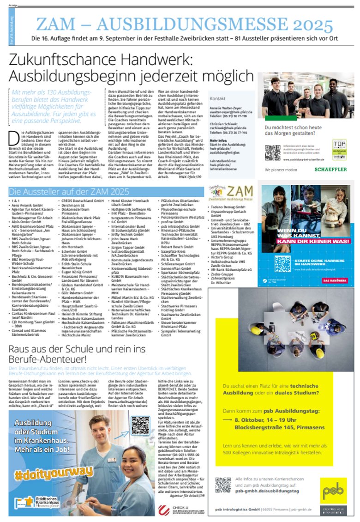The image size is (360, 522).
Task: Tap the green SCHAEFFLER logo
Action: pyautogui.click(x=330, y=170)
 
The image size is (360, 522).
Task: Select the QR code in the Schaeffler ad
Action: pyautogui.click(x=272, y=153)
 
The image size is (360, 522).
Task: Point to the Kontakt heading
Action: pyautogui.click(x=217, y=99)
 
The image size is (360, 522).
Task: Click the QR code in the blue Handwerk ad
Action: pyautogui.click(x=282, y=263)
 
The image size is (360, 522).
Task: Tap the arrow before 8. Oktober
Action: pyautogui.click(x=227, y=420)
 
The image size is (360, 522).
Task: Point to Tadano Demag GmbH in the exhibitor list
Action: pyautogui.click(x=228, y=207)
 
